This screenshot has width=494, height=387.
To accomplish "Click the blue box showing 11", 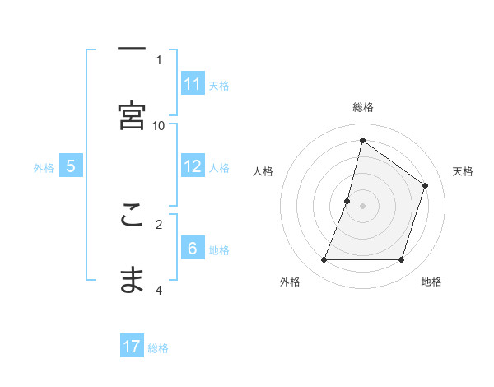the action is click(x=193, y=84).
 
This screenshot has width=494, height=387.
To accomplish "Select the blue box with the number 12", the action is click(x=193, y=166).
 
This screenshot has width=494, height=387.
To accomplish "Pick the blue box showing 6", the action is click(x=193, y=249).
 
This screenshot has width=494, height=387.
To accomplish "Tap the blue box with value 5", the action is click(x=71, y=166).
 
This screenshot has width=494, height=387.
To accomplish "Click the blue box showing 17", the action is click(x=132, y=347).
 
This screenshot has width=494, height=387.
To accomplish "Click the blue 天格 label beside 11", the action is click(x=219, y=85).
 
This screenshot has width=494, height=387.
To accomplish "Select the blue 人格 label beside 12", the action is click(x=219, y=167).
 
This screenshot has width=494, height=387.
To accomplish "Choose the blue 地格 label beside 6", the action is click(x=219, y=249).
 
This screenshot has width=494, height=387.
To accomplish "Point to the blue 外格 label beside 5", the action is click(x=44, y=167).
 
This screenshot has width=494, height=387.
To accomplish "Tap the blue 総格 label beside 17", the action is click(x=158, y=347).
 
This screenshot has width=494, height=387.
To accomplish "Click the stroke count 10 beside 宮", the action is click(x=159, y=125).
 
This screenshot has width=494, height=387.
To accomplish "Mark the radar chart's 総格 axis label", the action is click(x=363, y=107).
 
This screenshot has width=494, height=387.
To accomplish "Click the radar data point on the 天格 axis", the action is click(x=426, y=185).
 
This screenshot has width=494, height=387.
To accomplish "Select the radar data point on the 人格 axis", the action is click(x=347, y=201).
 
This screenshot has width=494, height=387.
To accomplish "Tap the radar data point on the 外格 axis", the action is click(x=324, y=260).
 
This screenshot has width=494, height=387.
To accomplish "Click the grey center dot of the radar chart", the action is click(x=363, y=206).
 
